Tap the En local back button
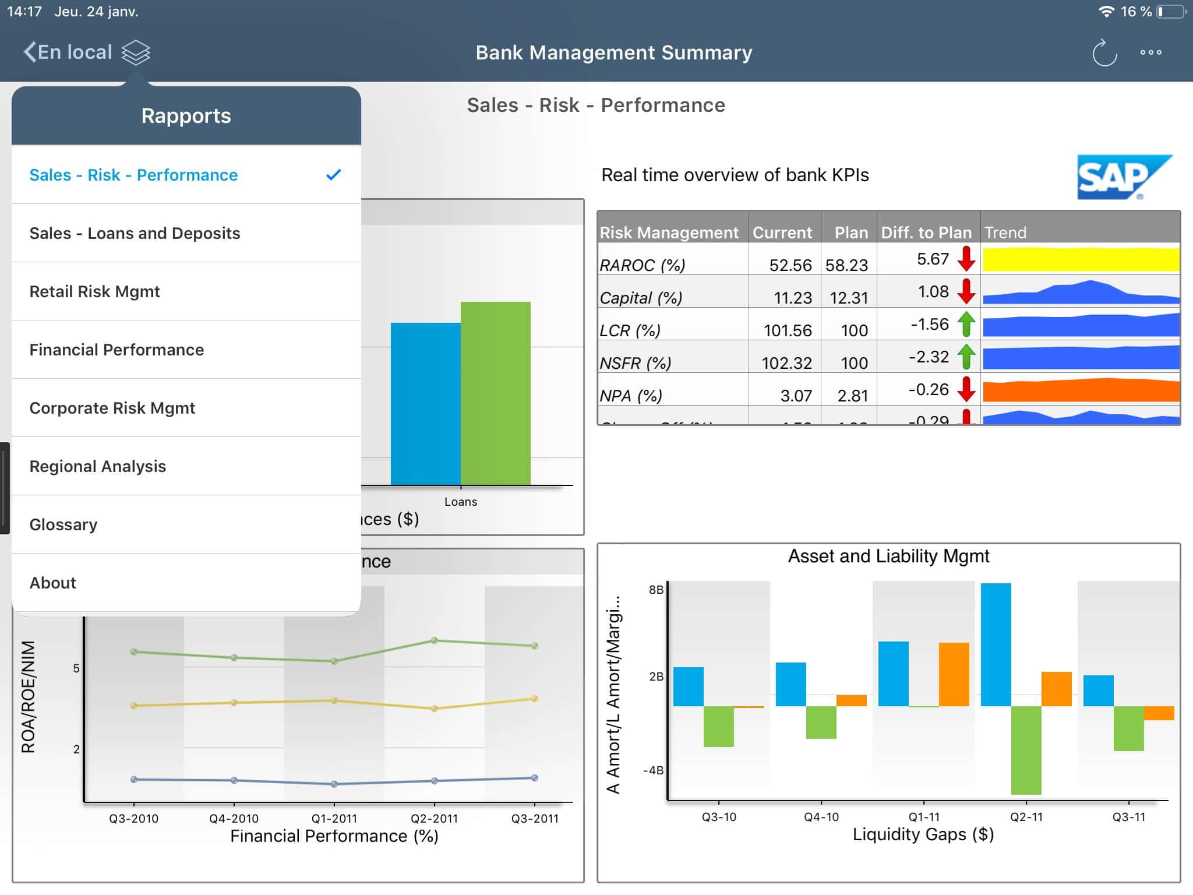pyautogui.click(x=68, y=52)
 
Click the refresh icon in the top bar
pyautogui.click(x=1104, y=53)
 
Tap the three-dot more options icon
pyautogui.click(x=1150, y=52)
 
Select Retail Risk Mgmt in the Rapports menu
pyautogui.click(x=94, y=291)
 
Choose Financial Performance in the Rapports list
pyautogui.click(x=117, y=350)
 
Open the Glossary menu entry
pyautogui.click(x=63, y=524)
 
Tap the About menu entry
pyautogui.click(x=53, y=583)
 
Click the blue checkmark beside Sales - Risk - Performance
pyautogui.click(x=333, y=175)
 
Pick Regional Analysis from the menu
pyautogui.click(x=98, y=466)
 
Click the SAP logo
pyautogui.click(x=1123, y=177)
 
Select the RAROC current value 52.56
pyautogui.click(x=790, y=265)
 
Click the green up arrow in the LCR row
pyautogui.click(x=966, y=324)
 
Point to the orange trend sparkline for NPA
pyautogui.click(x=1081, y=390)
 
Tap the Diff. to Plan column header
pyautogui.click(x=926, y=232)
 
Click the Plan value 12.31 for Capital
pyautogui.click(x=849, y=298)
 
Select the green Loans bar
pyautogui.click(x=495, y=393)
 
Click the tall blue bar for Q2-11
pyautogui.click(x=996, y=644)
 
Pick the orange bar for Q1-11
pyautogui.click(x=954, y=674)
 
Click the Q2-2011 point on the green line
pyautogui.click(x=435, y=640)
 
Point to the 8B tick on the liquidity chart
pyautogui.click(x=656, y=590)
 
